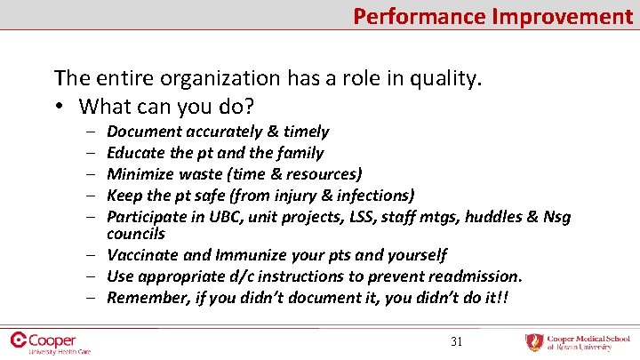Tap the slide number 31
pyautogui.click(x=458, y=341)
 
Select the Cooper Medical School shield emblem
pyautogui.click(x=533, y=342)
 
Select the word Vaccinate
pyautogui.click(x=143, y=255)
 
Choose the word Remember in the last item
pyautogui.click(x=145, y=298)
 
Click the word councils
pyautogui.click(x=136, y=234)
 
